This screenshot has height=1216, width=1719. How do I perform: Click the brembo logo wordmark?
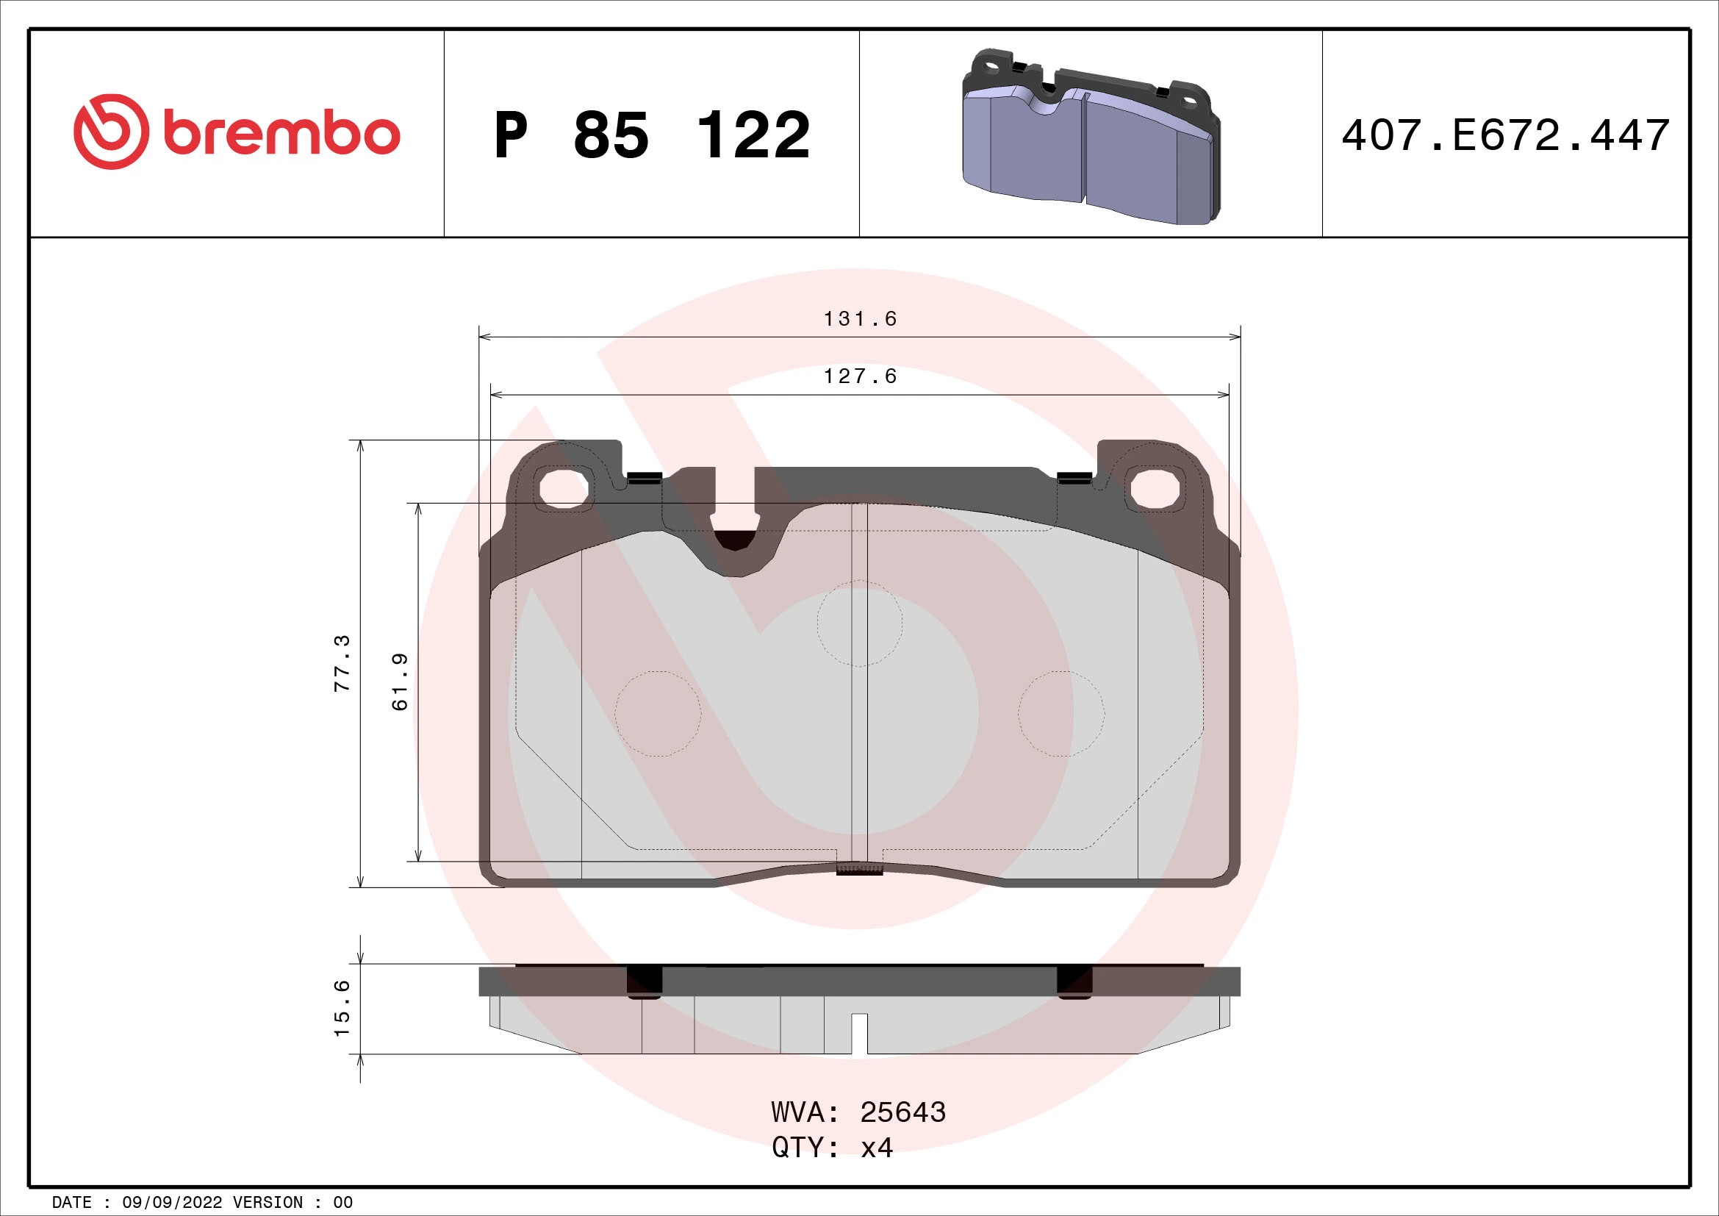(281, 134)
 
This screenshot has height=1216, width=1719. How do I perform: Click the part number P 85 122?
(651, 135)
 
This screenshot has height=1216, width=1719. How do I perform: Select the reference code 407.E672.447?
(1505, 135)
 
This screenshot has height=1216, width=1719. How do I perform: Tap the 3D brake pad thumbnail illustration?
(1090, 137)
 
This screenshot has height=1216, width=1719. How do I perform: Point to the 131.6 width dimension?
(860, 319)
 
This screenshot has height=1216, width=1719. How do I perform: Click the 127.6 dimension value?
(860, 376)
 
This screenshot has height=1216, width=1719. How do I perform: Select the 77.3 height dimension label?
(342, 662)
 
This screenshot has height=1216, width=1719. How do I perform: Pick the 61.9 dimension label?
(401, 682)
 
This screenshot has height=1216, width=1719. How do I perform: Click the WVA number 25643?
(902, 1112)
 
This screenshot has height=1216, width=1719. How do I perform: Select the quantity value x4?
(876, 1147)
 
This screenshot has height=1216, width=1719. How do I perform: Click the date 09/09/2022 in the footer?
(171, 1203)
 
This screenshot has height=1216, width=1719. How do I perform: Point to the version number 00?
(343, 1203)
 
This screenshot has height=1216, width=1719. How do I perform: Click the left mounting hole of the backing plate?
(564, 488)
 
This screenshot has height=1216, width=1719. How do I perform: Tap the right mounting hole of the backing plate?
(1155, 488)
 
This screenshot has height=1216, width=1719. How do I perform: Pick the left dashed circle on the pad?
(657, 713)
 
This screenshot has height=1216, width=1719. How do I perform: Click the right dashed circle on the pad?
(1061, 713)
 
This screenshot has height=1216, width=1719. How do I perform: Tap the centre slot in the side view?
(860, 1032)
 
